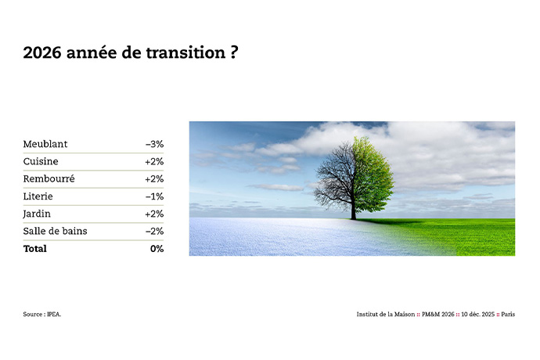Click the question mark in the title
(x=233, y=53)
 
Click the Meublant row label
(x=45, y=144)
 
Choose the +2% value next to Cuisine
(x=154, y=161)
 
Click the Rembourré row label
(x=49, y=178)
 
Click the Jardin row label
(x=38, y=214)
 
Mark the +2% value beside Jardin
(x=154, y=214)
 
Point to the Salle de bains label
(x=55, y=231)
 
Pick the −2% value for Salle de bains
(x=154, y=231)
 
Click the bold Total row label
(x=35, y=249)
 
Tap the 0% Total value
(x=157, y=249)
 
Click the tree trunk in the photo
(x=353, y=207)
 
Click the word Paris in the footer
(x=508, y=314)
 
